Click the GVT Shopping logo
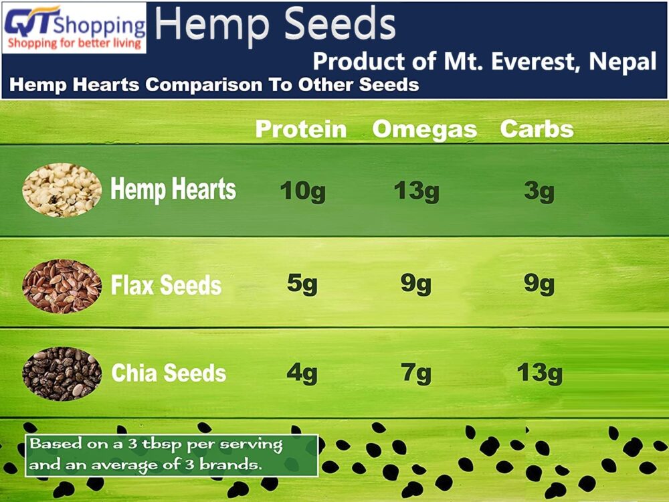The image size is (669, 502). (74, 27)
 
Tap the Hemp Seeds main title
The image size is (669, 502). (275, 24)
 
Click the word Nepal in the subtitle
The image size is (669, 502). (622, 62)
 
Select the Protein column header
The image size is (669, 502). (301, 129)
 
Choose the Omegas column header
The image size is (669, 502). (425, 130)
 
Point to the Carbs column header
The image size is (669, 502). (537, 129)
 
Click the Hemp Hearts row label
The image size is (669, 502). (173, 189)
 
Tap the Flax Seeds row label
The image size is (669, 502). (166, 285)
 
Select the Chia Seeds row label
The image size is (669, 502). (169, 373)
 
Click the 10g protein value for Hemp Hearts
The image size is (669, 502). (303, 191)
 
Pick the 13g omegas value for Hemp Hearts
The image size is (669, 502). (416, 191)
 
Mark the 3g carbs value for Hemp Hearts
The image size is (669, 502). (539, 191)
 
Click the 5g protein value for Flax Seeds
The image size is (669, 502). (302, 284)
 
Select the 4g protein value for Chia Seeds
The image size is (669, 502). (302, 373)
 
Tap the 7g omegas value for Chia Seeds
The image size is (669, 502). (416, 373)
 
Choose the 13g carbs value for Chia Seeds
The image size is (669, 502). (540, 373)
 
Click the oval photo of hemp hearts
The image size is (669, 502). (62, 190)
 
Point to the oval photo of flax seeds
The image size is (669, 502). (62, 286)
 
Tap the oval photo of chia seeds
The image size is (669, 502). (62, 373)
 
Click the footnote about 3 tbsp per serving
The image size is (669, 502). (171, 455)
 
